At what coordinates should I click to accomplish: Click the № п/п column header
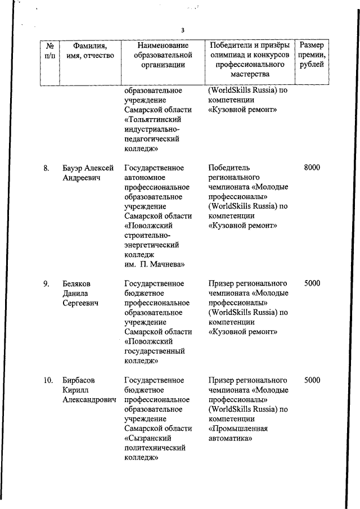coord(49,50)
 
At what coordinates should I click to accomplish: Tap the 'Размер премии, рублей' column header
coord(312,55)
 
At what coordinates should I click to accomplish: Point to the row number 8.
coord(47,168)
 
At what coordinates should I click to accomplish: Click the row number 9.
coord(47,283)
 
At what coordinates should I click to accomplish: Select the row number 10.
coord(48,380)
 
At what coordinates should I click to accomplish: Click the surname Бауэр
coord(74,168)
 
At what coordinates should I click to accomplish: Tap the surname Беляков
coord(76,283)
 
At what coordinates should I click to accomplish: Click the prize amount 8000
coord(312,168)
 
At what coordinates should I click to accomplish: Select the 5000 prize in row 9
coord(312,283)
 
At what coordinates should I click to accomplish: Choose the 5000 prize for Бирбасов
coord(312,380)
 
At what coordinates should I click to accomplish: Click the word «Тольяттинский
coord(154,119)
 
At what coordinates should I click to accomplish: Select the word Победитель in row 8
coord(229,168)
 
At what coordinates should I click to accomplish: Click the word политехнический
coord(155,448)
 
